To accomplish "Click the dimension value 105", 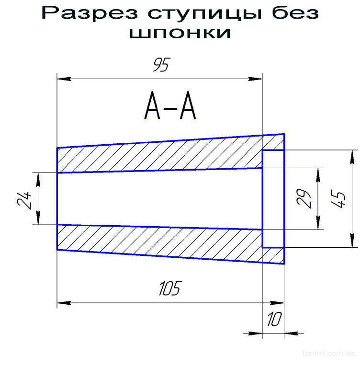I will point(170,289).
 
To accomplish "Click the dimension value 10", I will point(274,320).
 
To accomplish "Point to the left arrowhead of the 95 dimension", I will point(62,78).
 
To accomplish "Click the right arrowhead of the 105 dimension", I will point(280,303).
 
